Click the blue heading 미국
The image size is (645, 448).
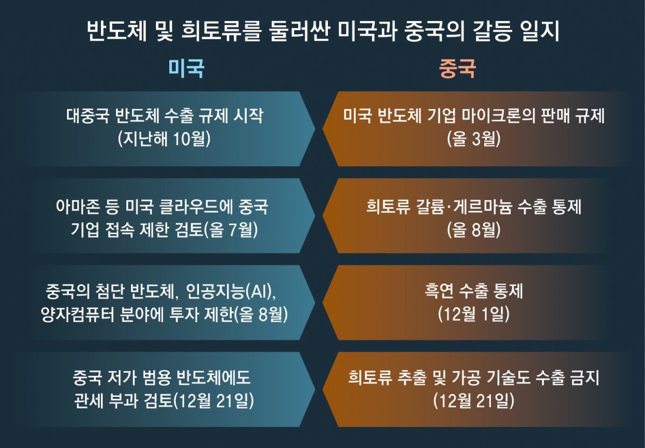tap(187, 68)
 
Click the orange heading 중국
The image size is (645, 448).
tap(457, 68)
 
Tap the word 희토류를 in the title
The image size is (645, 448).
tap(221, 31)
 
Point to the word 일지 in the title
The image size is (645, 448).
tap(540, 31)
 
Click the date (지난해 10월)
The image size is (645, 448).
tap(164, 139)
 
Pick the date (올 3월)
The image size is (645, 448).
tap(474, 139)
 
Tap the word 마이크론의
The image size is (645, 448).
tap(499, 116)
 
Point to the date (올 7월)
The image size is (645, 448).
tap(231, 230)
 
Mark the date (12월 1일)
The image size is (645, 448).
tap(474, 314)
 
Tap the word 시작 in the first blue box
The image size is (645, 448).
tap(248, 116)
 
